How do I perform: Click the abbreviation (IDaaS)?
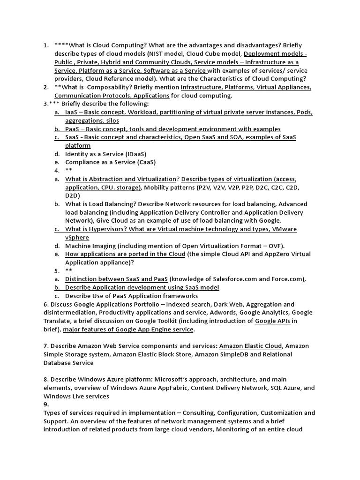(133, 154)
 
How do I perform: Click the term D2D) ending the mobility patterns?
(73, 195)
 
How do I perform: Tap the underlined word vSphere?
(77, 237)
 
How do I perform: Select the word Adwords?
(217, 313)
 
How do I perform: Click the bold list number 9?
(46, 404)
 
